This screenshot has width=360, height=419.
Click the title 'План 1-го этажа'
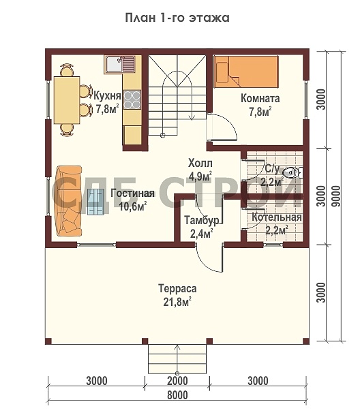coord(177,18)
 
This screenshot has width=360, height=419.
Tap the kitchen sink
coord(120,65)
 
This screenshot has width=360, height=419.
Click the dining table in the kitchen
coord(67,100)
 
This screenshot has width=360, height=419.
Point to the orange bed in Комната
coord(245,72)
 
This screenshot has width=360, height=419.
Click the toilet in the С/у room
coord(292,172)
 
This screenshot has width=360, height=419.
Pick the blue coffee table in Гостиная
coord(95,202)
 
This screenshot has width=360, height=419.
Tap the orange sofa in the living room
coord(69,201)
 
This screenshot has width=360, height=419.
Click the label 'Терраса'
coord(177,289)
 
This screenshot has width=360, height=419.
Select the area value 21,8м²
coord(177,302)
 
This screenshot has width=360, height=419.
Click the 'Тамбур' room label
coord(202,221)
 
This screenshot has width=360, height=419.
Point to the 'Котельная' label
coord(277,217)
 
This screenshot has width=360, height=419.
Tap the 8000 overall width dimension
coord(177,394)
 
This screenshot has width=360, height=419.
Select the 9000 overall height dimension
coord(337,196)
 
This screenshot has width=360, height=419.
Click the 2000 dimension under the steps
coord(177,381)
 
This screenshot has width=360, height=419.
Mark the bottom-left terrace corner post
coord(48,341)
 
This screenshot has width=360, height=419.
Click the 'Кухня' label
coord(107,95)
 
